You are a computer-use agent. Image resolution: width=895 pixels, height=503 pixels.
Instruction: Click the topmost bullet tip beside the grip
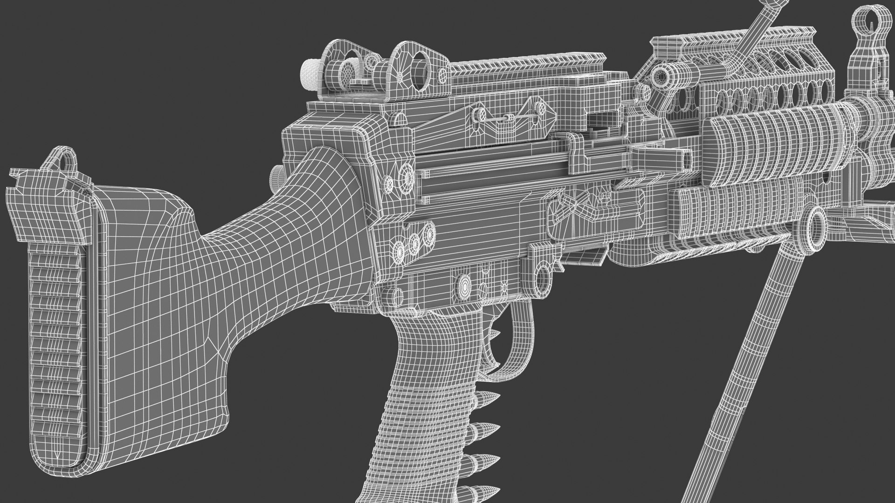point(495,333)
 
